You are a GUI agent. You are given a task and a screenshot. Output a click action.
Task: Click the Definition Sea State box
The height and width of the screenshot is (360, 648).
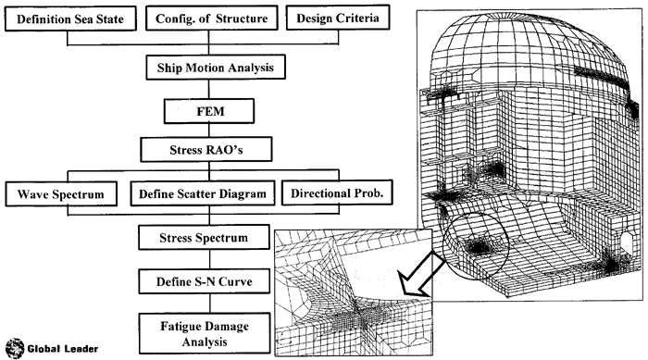point(70,19)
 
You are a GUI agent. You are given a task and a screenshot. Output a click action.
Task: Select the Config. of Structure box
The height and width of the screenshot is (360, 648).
point(212,19)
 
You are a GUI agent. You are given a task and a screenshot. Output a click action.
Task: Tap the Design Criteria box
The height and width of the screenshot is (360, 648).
point(338,18)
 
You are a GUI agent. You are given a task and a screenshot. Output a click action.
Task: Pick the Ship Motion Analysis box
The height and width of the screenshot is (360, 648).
point(216,67)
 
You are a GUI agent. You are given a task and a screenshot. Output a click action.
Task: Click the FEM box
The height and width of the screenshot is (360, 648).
point(209,111)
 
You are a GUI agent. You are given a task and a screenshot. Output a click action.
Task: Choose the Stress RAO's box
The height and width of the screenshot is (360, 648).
point(206,149)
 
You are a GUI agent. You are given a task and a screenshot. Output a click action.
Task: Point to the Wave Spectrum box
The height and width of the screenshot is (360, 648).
point(61,193)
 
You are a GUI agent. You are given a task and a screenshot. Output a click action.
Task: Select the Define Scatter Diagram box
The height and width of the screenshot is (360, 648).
point(203,193)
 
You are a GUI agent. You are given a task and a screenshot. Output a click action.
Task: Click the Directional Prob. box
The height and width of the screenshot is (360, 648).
point(337,192)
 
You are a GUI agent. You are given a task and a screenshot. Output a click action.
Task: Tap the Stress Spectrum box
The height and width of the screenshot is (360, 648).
point(204,237)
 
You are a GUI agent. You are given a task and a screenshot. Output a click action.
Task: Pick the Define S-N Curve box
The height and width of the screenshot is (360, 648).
point(205,281)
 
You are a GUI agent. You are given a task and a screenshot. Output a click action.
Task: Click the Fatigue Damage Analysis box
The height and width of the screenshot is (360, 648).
point(205,333)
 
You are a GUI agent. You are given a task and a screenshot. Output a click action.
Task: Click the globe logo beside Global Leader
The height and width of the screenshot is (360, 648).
point(15,348)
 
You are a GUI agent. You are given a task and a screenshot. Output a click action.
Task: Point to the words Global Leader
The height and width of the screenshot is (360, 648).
point(63,349)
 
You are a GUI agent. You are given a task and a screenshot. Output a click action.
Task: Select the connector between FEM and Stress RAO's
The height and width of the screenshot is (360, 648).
point(209,130)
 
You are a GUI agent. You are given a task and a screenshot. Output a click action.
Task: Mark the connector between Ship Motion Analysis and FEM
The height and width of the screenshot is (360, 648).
point(208,89)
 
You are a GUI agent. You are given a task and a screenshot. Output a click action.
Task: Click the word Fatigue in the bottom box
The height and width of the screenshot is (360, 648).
point(181,326)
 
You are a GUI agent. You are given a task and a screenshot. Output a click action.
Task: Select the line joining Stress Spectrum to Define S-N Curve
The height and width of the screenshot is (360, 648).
point(210,259)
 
